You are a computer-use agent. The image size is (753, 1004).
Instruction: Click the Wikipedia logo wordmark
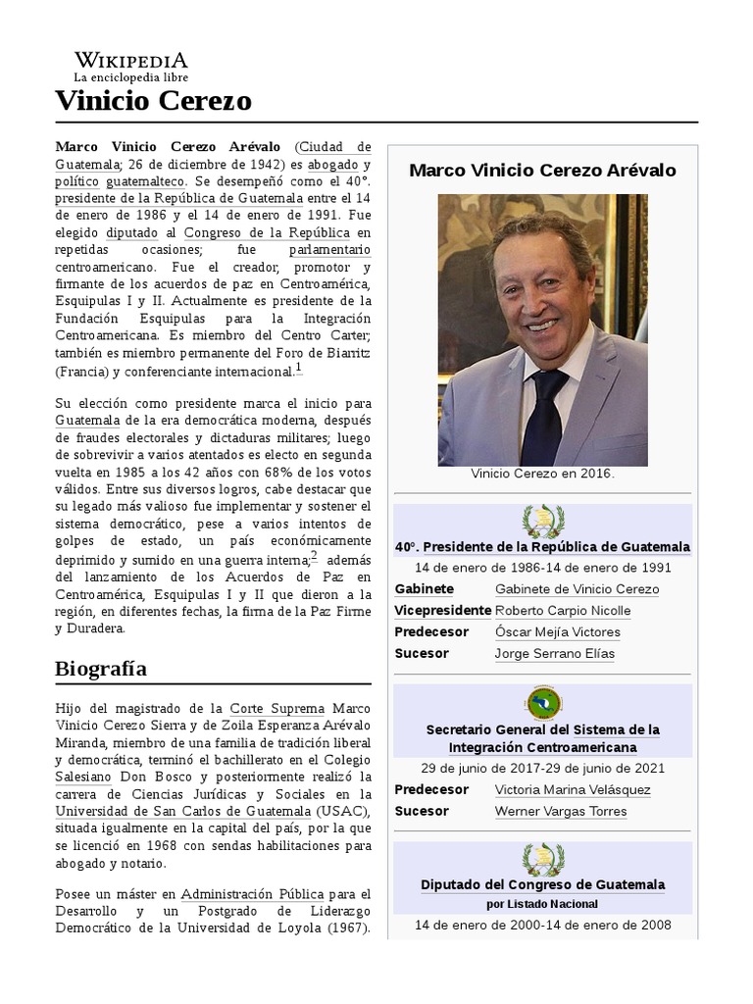(131, 60)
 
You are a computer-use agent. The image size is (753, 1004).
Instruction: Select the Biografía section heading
(101, 669)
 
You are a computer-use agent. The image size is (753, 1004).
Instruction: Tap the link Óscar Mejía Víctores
(557, 631)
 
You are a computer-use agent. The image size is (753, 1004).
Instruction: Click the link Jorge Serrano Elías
(554, 653)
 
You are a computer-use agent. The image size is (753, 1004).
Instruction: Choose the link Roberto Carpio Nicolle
(563, 610)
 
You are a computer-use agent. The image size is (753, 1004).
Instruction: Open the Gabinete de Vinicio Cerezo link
(577, 588)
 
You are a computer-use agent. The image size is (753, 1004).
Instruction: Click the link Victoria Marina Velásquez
(573, 789)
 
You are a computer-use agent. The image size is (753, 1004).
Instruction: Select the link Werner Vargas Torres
(561, 811)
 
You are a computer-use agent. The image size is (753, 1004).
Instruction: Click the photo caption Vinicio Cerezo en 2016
(542, 474)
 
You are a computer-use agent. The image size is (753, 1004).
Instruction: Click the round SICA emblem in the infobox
(542, 703)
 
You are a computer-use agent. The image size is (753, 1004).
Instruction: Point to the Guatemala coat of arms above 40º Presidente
(542, 520)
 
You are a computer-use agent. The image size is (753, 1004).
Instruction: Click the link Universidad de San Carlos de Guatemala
(182, 811)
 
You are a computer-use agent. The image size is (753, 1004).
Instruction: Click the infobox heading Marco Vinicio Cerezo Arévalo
(542, 170)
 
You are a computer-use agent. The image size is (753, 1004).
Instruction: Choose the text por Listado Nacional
(542, 903)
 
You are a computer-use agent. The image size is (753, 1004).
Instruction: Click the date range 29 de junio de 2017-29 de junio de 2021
(542, 768)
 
